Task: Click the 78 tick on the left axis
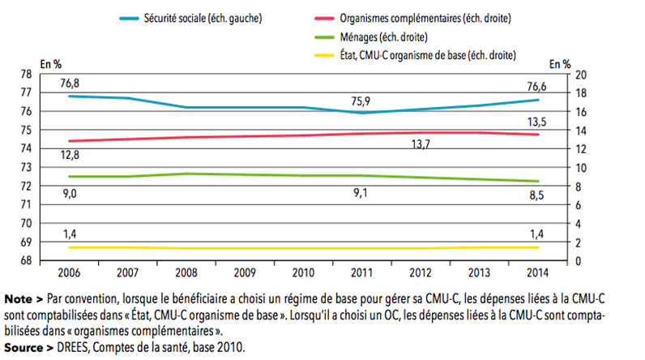(x=47, y=74)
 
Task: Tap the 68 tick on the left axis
(x=47, y=260)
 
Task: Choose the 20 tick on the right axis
(x=579, y=74)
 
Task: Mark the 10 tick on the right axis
(x=579, y=167)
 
